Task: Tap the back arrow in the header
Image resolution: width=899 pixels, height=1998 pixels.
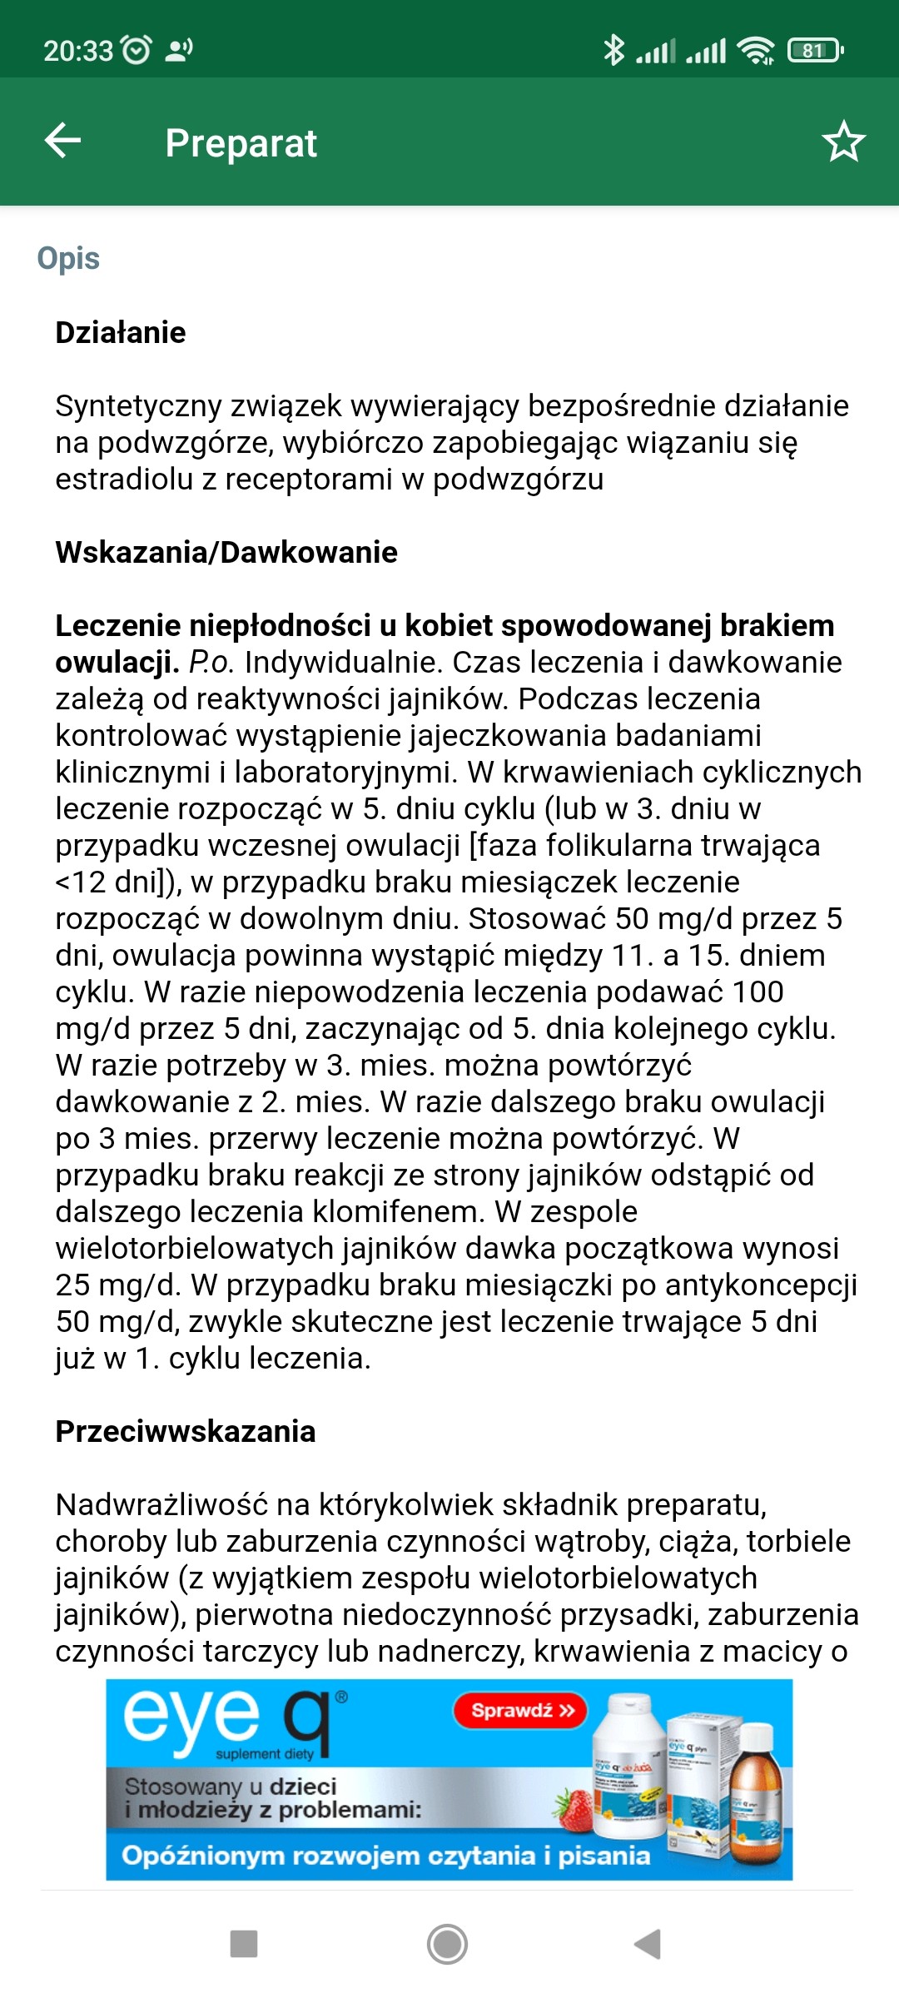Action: [63, 141]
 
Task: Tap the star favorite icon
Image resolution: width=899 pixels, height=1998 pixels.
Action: [843, 142]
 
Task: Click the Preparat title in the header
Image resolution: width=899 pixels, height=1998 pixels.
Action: [241, 143]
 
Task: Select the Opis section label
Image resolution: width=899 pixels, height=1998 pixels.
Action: [68, 259]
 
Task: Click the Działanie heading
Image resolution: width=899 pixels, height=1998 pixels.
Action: [121, 332]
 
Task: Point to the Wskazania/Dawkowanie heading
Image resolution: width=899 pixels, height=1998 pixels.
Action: [226, 552]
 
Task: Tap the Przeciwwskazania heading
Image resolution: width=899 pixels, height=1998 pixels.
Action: [186, 1431]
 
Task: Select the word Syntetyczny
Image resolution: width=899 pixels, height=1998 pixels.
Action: [137, 405]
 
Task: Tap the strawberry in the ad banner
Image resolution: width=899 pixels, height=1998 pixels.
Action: [575, 1812]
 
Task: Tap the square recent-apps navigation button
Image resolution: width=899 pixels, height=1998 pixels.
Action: [243, 1944]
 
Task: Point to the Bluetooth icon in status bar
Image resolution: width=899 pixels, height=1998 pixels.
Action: [613, 50]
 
